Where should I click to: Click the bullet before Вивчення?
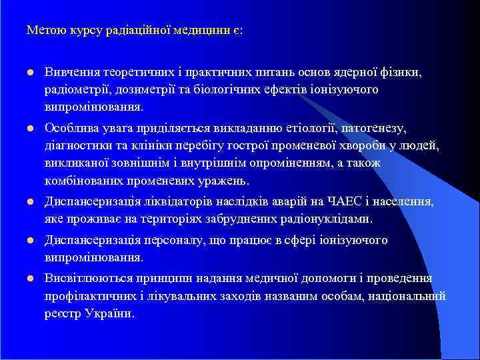tap(30, 72)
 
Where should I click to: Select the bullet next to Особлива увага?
tap(30, 127)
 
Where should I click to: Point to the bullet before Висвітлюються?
tap(30, 277)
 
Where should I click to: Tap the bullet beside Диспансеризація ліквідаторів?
tap(30, 202)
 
